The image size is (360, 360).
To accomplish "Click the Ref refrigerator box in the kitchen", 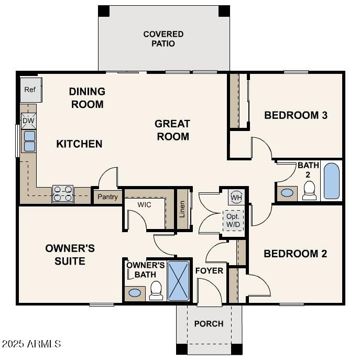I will click(x=30, y=90).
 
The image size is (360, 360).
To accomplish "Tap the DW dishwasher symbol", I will click(x=28, y=121).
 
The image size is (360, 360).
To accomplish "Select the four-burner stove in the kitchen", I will click(x=62, y=194).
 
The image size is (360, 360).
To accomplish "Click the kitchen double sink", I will click(x=29, y=141).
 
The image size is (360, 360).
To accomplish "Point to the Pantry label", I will click(x=108, y=197).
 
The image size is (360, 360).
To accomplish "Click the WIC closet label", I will click(x=144, y=204).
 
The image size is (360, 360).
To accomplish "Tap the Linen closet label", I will click(x=182, y=208).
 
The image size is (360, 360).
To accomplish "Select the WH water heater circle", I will click(x=236, y=198).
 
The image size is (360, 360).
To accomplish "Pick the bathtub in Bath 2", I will click(x=331, y=181).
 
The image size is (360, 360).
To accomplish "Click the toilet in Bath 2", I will click(x=310, y=190).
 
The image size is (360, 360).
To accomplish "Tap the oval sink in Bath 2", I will click(x=287, y=192).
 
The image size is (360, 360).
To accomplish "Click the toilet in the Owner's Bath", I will click(x=156, y=290).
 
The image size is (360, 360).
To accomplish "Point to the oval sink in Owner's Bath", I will click(x=135, y=292).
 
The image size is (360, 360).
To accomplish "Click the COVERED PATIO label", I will click(x=163, y=39).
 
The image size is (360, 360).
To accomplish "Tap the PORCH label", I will click(x=209, y=324).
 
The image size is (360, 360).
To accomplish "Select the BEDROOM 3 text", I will click(x=296, y=115).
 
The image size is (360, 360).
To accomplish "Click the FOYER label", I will click(x=209, y=271).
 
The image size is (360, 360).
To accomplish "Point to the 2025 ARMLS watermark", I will click(x=31, y=344).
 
